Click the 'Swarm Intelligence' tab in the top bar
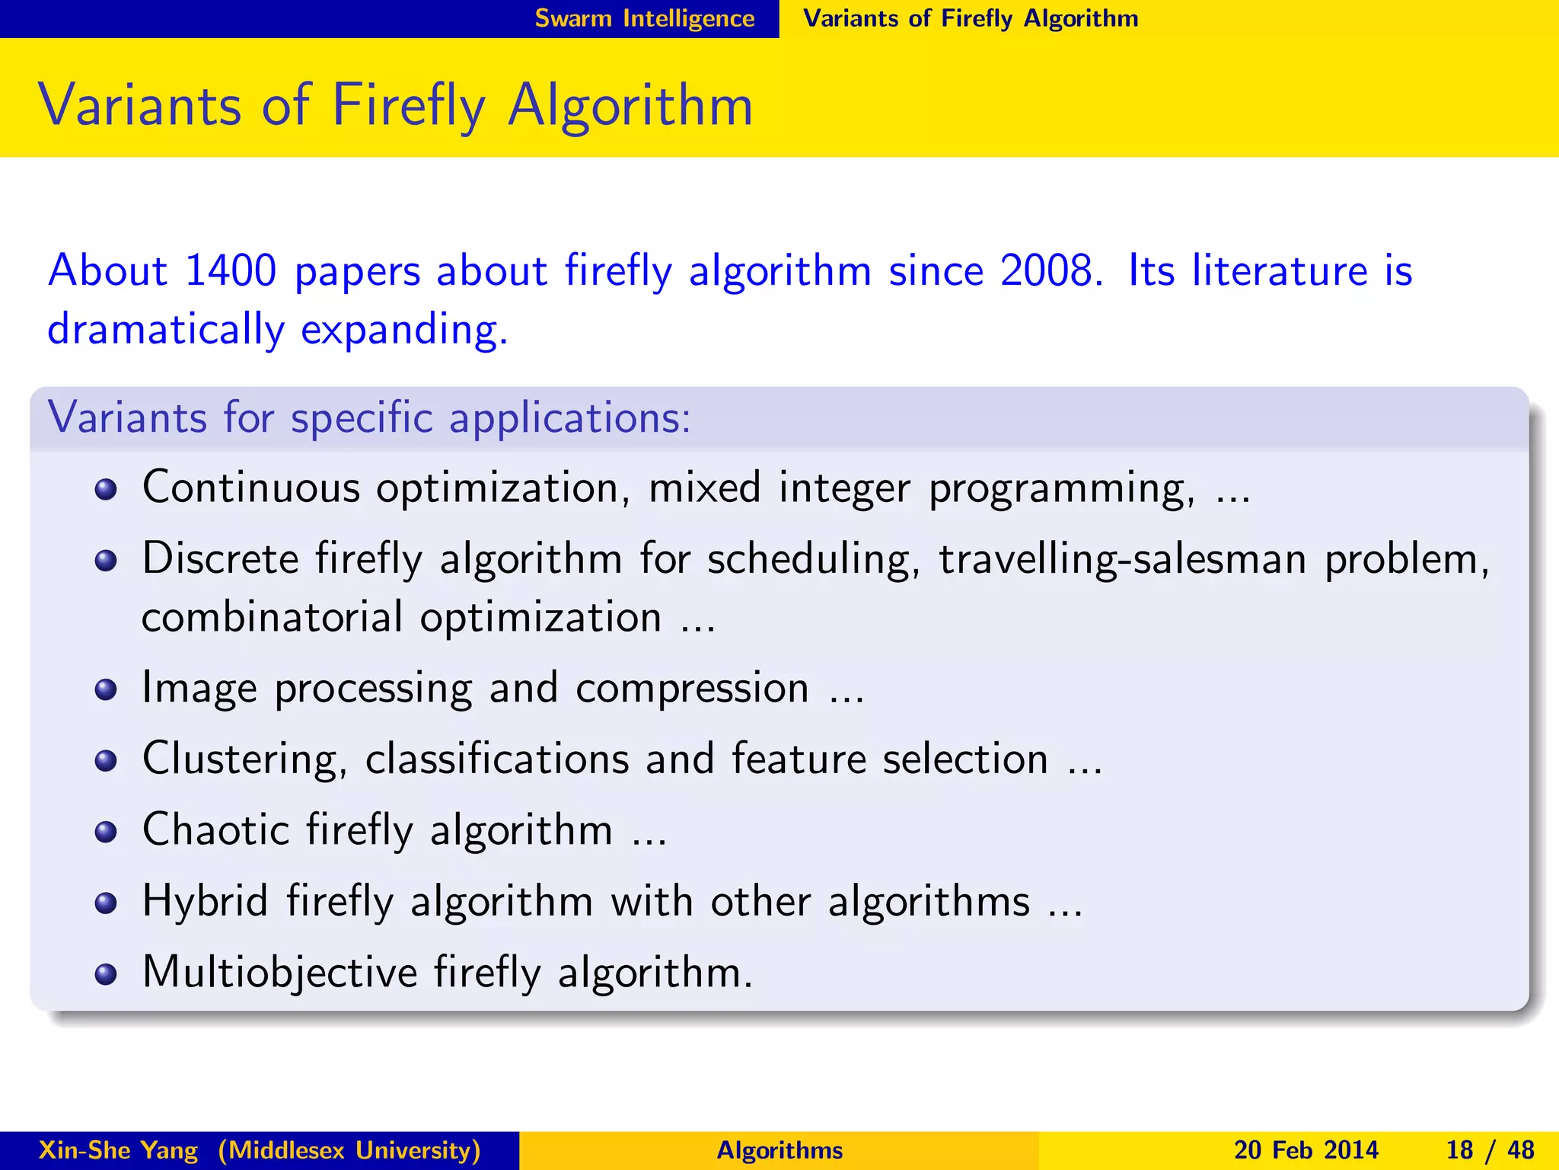pos(644,18)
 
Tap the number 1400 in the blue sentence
pos(230,270)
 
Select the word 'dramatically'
pos(166,330)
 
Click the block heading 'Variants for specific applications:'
pos(369,417)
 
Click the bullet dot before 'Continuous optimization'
pos(106,489)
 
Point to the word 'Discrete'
pos(221,558)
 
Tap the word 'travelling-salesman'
pos(1122,560)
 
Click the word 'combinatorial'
pos(272,617)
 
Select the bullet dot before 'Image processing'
pos(106,690)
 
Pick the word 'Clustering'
pos(240,759)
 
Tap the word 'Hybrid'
pos(206,901)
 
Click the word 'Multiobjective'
pos(279,973)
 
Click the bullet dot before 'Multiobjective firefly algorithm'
pos(106,974)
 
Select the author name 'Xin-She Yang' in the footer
pos(118,1150)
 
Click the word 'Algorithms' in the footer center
pos(779,1150)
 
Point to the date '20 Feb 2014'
pos(1306,1150)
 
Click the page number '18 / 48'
pos(1490,1150)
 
